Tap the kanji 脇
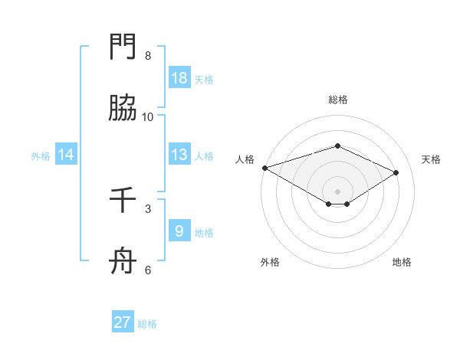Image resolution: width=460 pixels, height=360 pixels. [x=123, y=109]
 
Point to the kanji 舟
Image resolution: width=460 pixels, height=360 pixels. [x=123, y=262]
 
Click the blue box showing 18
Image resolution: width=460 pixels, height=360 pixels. [x=179, y=78]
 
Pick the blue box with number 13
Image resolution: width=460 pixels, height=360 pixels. [x=179, y=155]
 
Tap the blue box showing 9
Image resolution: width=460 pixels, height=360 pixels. [x=179, y=231]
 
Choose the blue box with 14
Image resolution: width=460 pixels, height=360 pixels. [x=66, y=155]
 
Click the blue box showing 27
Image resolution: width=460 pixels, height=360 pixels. [x=123, y=322]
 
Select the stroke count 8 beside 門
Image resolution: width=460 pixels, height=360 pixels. [x=147, y=56]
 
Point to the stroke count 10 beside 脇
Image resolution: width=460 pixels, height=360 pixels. [x=147, y=117]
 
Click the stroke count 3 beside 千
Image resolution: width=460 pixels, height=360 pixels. [x=147, y=208]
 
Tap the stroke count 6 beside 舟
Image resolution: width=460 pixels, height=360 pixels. [x=147, y=270]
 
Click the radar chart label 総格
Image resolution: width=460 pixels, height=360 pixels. [x=337, y=100]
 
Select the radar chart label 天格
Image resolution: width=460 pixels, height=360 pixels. [x=431, y=159]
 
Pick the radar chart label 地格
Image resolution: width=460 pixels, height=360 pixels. [x=402, y=262]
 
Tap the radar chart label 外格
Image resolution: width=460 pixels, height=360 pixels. [x=270, y=262]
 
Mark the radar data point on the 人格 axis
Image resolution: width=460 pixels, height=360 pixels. [x=264, y=168]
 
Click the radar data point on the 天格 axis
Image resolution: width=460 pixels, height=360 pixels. [x=396, y=172]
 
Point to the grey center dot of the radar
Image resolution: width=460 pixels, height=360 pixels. [x=337, y=191]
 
